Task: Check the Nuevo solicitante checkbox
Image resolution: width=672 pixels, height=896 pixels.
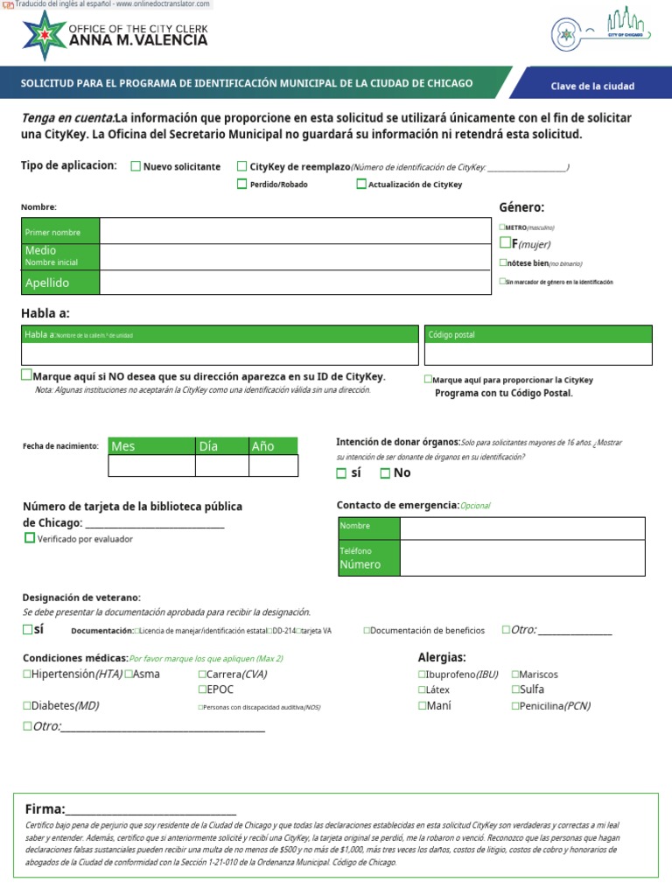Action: click(136, 166)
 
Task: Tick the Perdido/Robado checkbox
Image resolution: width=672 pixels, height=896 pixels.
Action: click(242, 184)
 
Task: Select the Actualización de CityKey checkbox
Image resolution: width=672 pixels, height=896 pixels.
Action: click(361, 184)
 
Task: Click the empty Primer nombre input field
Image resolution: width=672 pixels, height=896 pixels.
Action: click(295, 231)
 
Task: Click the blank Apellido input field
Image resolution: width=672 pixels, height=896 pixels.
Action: click(295, 283)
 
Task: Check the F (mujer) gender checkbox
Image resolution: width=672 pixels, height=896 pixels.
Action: click(505, 243)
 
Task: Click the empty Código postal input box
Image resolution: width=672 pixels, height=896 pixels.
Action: click(538, 353)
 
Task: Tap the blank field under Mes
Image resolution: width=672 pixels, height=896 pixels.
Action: click(151, 465)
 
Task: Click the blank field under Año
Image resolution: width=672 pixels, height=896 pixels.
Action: click(273, 465)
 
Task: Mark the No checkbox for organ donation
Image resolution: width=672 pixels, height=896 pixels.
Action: click(385, 473)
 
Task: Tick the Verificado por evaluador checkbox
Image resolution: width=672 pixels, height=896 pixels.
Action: click(30, 538)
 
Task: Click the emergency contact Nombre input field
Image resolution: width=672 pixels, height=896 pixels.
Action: click(521, 528)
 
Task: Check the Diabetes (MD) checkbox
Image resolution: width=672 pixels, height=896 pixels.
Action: click(27, 705)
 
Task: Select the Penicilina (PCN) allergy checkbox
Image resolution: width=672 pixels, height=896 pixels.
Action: click(515, 705)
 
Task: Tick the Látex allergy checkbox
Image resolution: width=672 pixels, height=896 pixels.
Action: click(423, 689)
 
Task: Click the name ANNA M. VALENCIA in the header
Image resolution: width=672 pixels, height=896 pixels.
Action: click(138, 40)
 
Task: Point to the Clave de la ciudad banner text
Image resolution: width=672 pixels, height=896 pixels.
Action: click(592, 86)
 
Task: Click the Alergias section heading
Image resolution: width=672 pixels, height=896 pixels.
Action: click(442, 657)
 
